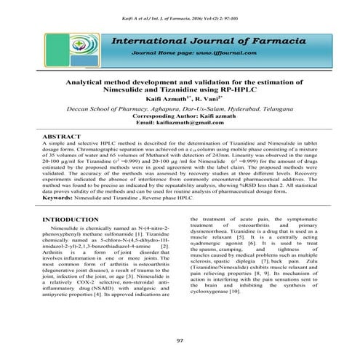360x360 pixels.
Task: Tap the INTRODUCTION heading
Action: [71, 219]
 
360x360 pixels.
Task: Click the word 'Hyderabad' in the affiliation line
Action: [241, 106]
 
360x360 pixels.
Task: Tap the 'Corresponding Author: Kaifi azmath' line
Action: [180, 115]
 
